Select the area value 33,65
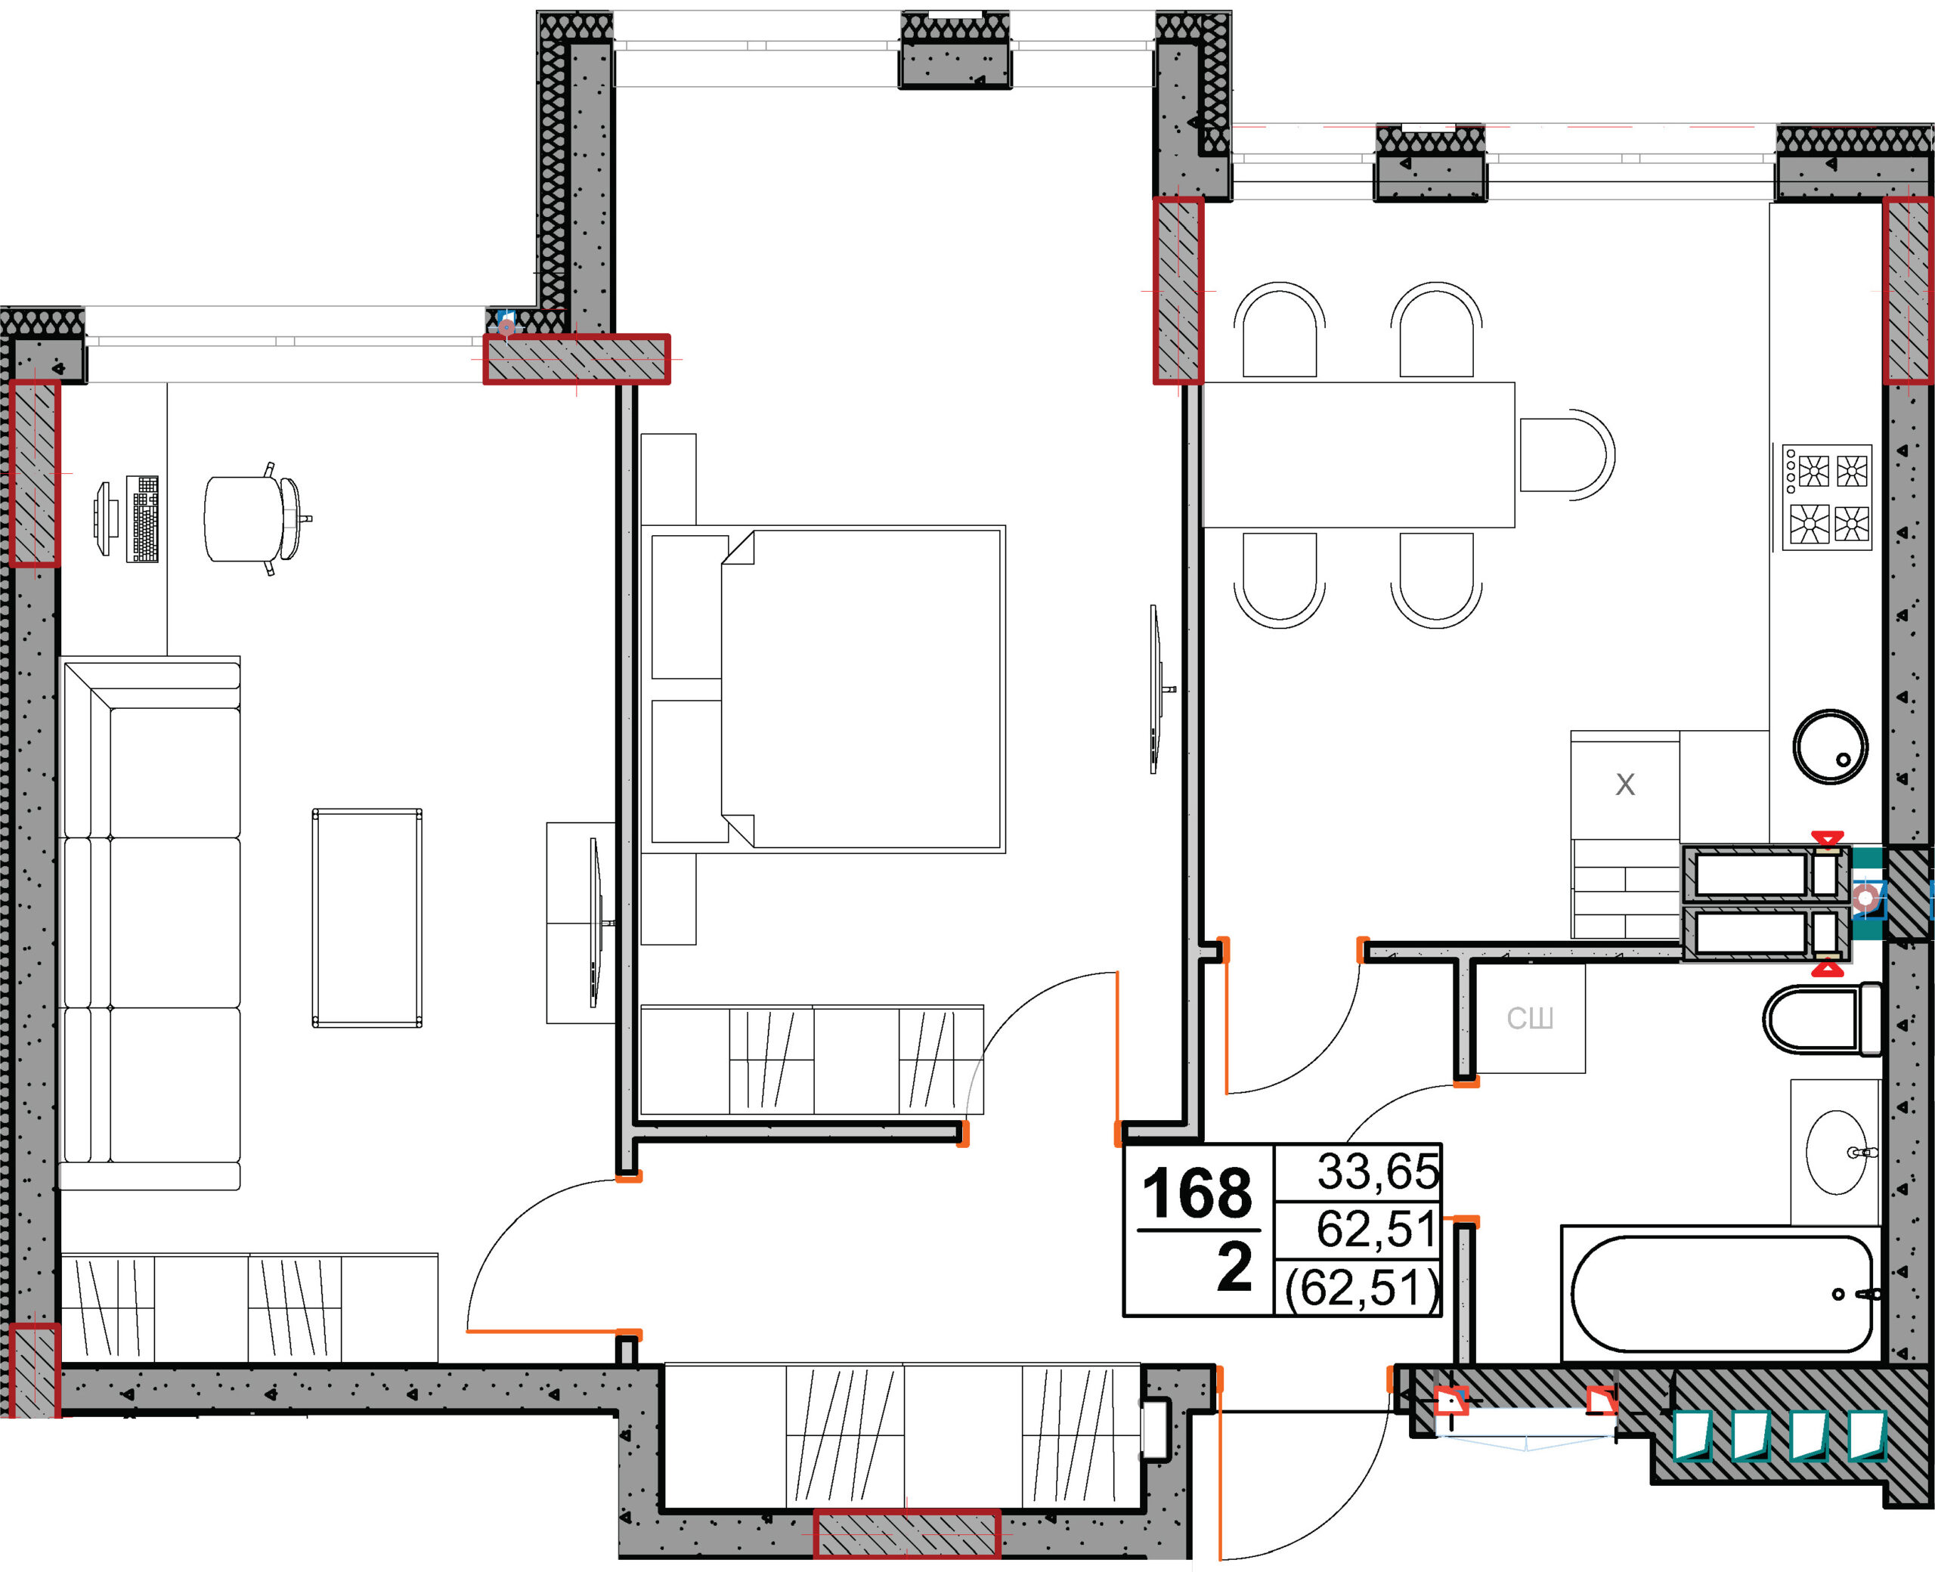[x=1377, y=1171]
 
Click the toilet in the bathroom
[x=1822, y=1019]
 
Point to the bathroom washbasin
[x=1836, y=1152]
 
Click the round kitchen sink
[x=1830, y=746]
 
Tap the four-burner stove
[x=1827, y=497]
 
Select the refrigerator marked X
[x=1625, y=784]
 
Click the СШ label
[x=1531, y=1019]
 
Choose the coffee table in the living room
[x=367, y=918]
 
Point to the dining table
[x=1358, y=454]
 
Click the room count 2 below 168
[x=1234, y=1267]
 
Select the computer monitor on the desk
[x=104, y=519]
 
